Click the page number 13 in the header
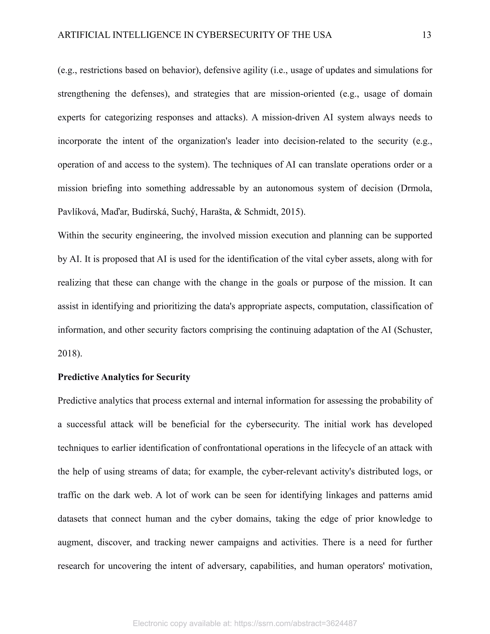tap(426, 35)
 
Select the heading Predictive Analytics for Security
tap(124, 377)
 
